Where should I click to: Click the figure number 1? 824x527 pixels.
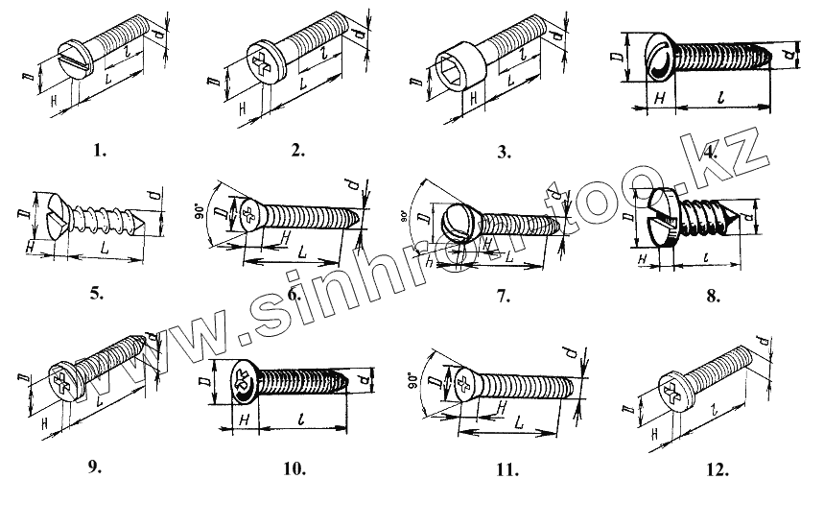click(101, 150)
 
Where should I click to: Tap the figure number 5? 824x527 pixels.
click(96, 295)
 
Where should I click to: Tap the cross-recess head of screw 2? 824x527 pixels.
click(264, 58)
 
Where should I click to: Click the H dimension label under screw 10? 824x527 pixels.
click(244, 420)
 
